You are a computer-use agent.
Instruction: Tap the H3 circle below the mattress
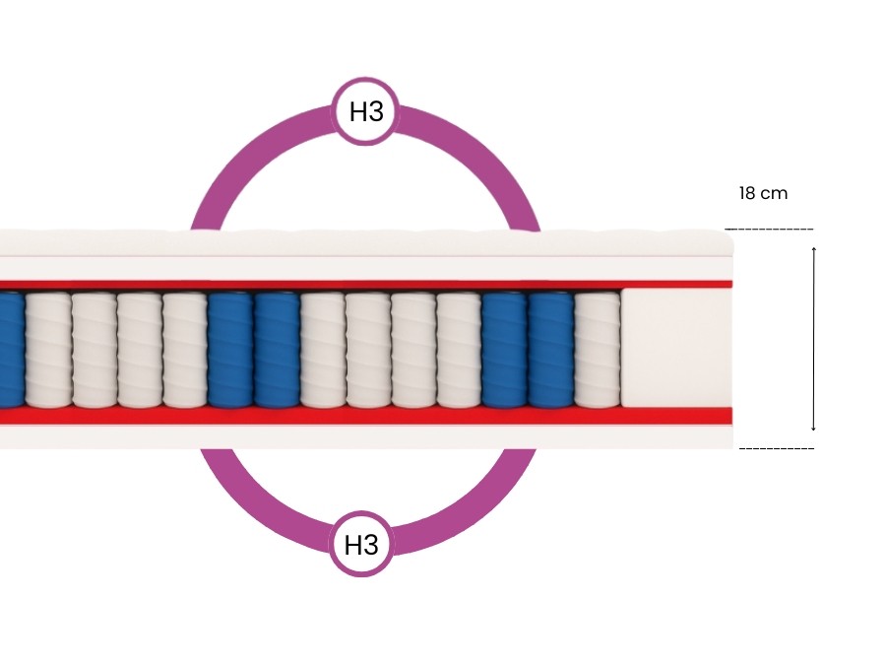tap(361, 543)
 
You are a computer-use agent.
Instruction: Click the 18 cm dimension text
tap(763, 193)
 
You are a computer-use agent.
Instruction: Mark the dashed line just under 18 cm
tap(769, 229)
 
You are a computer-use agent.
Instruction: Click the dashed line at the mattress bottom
tap(776, 448)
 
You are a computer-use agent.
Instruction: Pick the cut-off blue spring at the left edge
tap(11, 350)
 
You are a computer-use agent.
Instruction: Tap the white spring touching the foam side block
tap(597, 350)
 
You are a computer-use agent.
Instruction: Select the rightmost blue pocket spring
tap(551, 350)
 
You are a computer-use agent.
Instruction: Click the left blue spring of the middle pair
tap(230, 350)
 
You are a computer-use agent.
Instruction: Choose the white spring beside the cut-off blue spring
tap(48, 350)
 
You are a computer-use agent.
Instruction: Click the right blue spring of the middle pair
tap(277, 350)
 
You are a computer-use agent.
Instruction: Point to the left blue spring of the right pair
tap(505, 350)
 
